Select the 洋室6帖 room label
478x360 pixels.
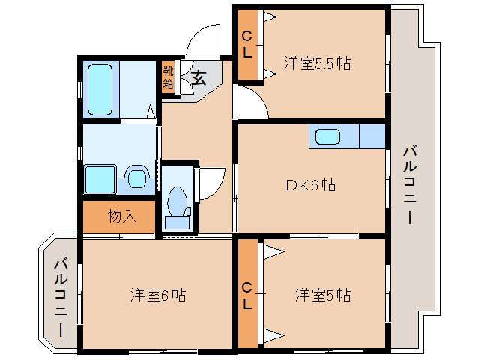click(x=158, y=295)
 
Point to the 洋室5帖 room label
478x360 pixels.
click(x=322, y=295)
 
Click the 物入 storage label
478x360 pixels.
click(x=121, y=217)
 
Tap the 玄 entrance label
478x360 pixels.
click(x=199, y=76)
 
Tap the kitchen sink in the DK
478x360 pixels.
click(x=329, y=136)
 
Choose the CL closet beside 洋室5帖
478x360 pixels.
click(x=246, y=295)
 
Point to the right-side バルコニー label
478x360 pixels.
click(x=408, y=184)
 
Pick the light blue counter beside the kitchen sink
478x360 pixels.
click(x=371, y=136)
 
